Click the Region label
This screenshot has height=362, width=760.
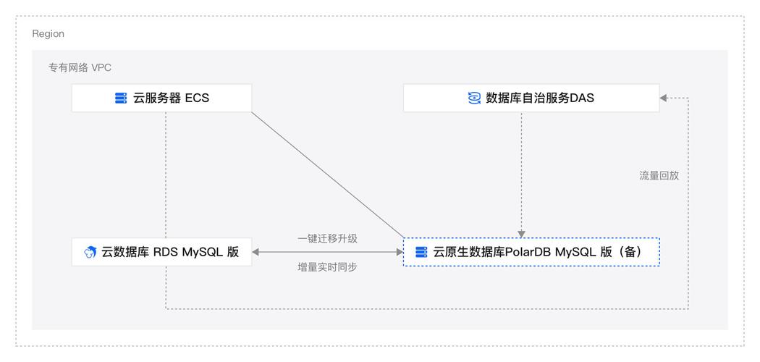click(x=48, y=34)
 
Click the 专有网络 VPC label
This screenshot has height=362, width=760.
click(x=80, y=67)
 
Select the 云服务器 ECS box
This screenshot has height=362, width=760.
click(x=161, y=98)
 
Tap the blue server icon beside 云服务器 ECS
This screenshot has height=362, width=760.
click(x=121, y=98)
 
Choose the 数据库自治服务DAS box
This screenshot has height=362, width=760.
click(x=531, y=98)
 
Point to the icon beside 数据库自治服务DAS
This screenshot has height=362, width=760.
click(x=475, y=98)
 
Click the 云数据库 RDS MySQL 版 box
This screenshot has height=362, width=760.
click(x=161, y=252)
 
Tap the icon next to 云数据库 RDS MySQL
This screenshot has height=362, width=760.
click(x=90, y=253)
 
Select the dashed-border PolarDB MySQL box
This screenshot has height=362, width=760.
click(x=531, y=252)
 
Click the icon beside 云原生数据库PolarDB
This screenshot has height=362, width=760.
click(x=421, y=253)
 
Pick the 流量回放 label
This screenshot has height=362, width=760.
click(x=659, y=175)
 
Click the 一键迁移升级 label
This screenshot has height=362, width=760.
click(x=327, y=238)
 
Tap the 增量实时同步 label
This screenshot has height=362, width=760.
click(x=327, y=267)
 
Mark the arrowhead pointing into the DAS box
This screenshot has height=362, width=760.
click(x=664, y=98)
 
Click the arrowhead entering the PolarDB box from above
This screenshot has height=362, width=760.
click(x=521, y=234)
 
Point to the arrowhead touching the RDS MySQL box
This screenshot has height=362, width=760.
click(x=256, y=252)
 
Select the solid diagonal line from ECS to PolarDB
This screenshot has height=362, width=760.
click(x=326, y=174)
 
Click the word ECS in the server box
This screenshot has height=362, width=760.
click(x=197, y=98)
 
